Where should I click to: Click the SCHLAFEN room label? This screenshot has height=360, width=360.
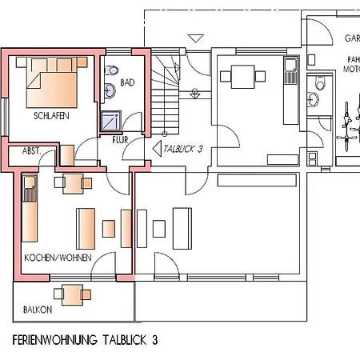point(51,116)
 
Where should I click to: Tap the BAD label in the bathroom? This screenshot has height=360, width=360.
point(127,82)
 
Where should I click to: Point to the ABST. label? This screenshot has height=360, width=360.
point(33,150)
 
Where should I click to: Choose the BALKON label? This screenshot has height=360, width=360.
point(38,310)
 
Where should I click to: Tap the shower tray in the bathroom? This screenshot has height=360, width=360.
point(109,121)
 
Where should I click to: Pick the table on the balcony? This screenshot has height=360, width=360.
point(73,294)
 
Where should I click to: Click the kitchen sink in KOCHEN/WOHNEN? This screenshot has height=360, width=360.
point(30,193)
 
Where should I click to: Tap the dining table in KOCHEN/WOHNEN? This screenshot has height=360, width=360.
point(73,185)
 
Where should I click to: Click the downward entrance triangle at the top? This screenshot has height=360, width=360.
point(194,38)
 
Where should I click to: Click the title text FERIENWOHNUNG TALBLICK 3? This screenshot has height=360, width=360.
point(85,339)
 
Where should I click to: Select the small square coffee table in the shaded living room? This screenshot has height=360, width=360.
point(108,230)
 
